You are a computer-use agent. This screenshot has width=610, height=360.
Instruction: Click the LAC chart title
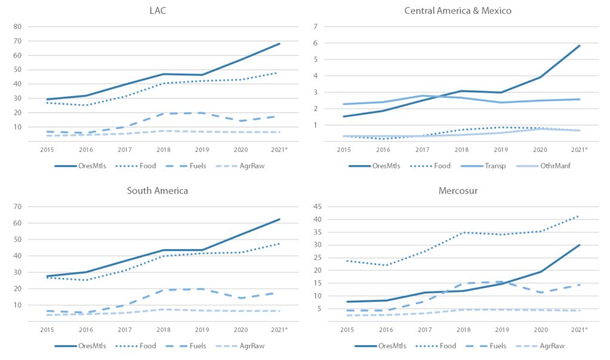pyautogui.click(x=158, y=11)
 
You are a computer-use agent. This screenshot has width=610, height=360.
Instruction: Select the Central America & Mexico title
pyautogui.click(x=457, y=11)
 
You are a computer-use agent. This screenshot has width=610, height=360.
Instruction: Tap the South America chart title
pyautogui.click(x=157, y=191)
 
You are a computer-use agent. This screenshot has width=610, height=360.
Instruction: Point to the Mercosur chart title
pyautogui.click(x=457, y=191)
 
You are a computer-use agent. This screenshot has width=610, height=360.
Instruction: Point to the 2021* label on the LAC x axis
pyautogui.click(x=279, y=149)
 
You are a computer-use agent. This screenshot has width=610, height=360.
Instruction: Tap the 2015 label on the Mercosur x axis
pyautogui.click(x=345, y=330)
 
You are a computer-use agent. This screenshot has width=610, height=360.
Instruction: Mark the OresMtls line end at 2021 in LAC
pyautogui.click(x=279, y=44)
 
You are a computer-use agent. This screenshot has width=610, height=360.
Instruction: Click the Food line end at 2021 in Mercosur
pyautogui.click(x=579, y=216)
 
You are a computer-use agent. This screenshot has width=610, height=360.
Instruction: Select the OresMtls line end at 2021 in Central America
pyautogui.click(x=579, y=46)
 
